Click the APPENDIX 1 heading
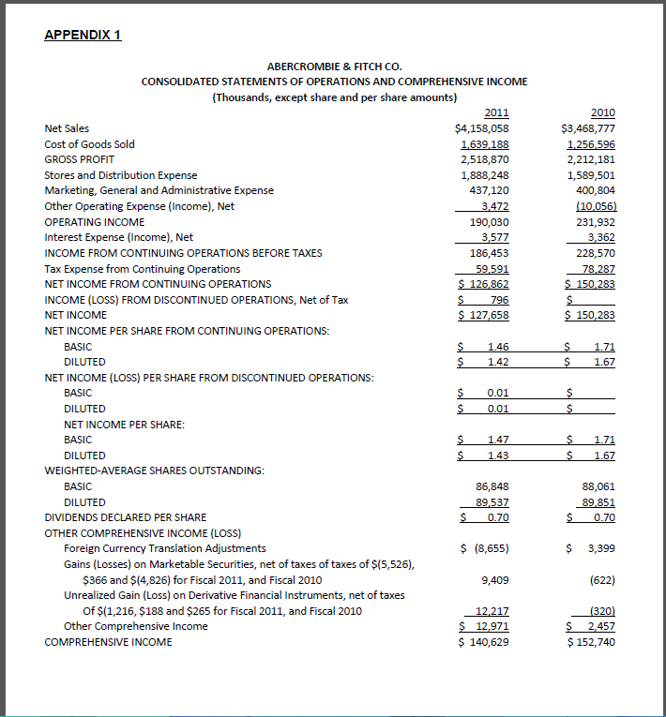tap(83, 36)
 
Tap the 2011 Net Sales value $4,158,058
tap(482, 128)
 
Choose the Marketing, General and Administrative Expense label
tap(159, 190)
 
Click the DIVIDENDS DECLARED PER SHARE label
tap(126, 517)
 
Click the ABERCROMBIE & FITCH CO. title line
tap(334, 67)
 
